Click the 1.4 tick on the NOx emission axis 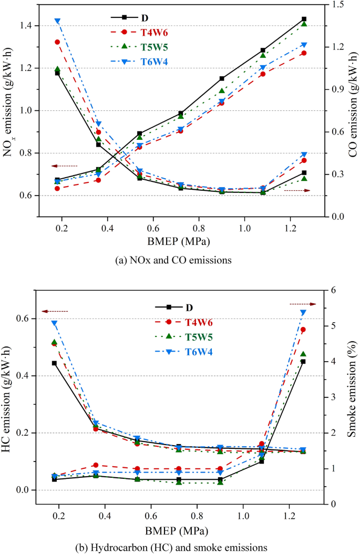[26, 26]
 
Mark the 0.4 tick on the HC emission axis [26, 376]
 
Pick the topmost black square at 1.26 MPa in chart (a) [304, 19]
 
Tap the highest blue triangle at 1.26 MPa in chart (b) [303, 313]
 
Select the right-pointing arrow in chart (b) [303, 304]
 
